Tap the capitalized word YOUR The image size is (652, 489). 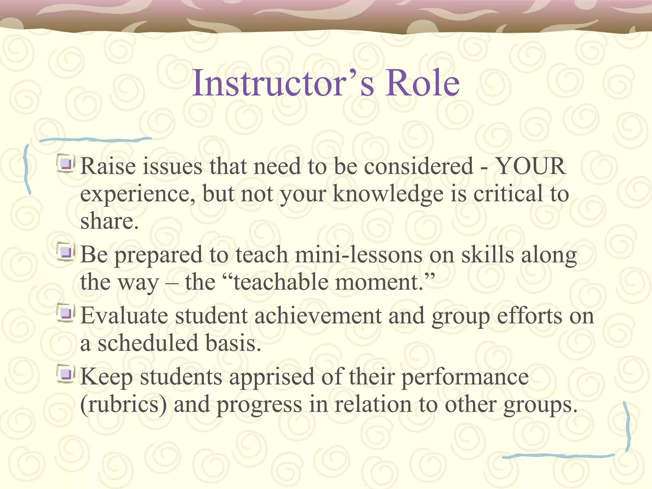(531, 166)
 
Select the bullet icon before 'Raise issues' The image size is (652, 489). (66, 164)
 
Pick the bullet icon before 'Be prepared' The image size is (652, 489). (66, 252)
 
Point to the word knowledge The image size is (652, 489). (388, 194)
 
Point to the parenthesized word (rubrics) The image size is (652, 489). (124, 405)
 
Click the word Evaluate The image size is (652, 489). (124, 316)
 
